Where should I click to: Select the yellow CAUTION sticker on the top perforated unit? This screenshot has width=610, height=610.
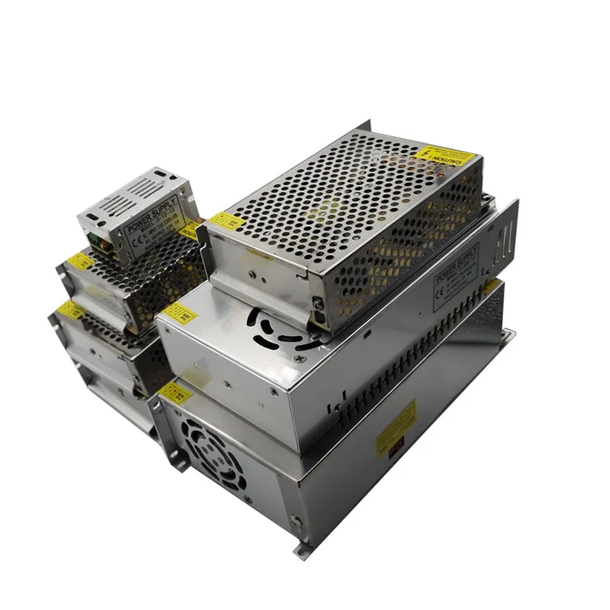[x=449, y=156]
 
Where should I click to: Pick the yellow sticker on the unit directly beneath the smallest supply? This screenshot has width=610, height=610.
[x=79, y=262]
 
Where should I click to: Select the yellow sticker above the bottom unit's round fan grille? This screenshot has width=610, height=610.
[x=175, y=394]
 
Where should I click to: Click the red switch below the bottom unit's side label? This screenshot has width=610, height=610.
[x=395, y=451]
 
